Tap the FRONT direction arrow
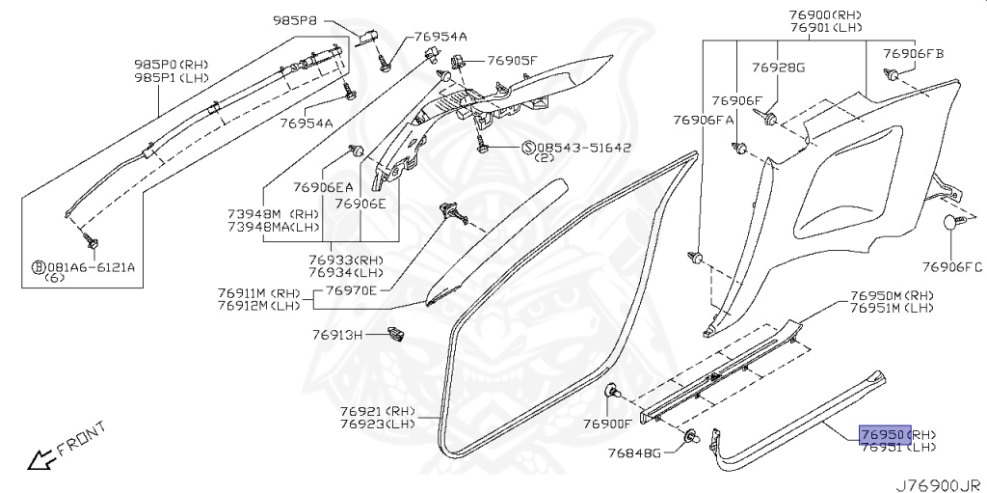40,459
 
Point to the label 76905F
512,61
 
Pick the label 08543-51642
583,148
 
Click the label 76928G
779,68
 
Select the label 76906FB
914,53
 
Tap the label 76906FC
950,266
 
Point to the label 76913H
336,335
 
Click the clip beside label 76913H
393,335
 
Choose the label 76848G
635,452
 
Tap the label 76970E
352,290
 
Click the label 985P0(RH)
171,65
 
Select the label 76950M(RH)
892,295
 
